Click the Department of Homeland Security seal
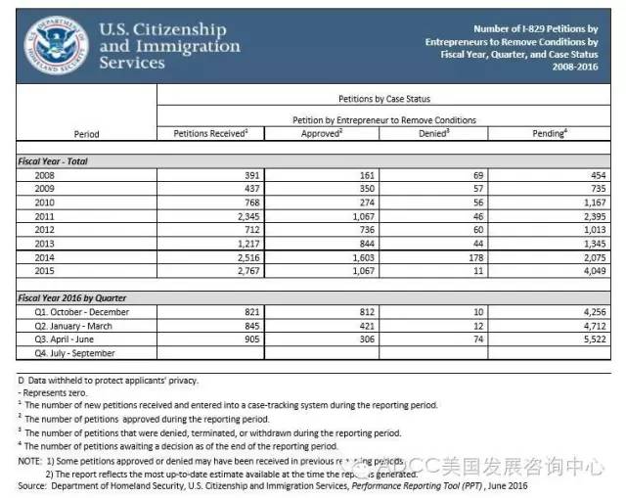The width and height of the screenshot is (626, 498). tap(56, 45)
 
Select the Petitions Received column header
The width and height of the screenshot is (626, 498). tap(209, 133)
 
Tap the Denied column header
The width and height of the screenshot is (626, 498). tap(432, 133)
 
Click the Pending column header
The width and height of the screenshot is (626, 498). tap(551, 133)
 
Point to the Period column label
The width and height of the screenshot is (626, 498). tap(86, 134)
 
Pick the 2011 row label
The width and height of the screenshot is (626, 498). tap(43, 216)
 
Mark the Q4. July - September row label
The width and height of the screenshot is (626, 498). tap(74, 353)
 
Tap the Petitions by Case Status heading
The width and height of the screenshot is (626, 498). tap(383, 100)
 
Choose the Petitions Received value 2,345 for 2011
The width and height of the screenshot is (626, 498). tap(247, 216)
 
